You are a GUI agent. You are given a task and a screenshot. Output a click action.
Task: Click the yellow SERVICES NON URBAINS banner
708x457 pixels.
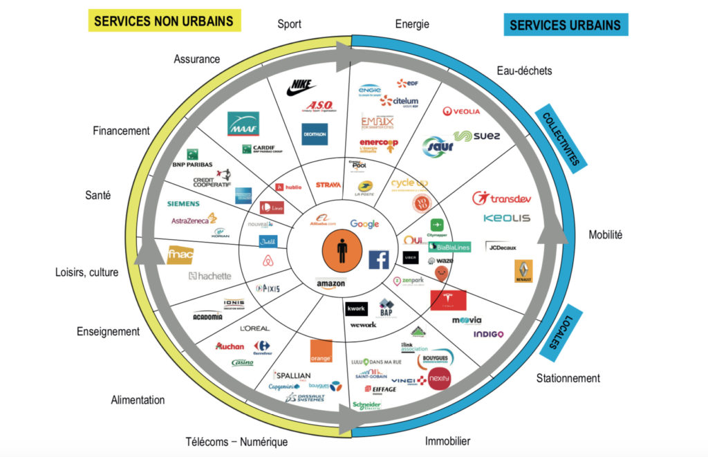pyautogui.click(x=163, y=21)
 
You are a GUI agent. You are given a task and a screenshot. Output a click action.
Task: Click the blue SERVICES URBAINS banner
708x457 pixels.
pyautogui.click(x=565, y=26)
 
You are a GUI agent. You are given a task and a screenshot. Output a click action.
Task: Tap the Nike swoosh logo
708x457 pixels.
pyautogui.click(x=301, y=87)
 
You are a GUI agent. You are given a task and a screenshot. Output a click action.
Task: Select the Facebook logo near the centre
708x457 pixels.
pyautogui.click(x=378, y=259)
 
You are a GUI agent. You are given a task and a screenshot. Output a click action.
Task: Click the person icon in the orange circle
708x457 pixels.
pyautogui.click(x=342, y=251)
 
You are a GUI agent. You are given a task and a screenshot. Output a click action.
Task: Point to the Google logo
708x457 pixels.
pyautogui.click(x=364, y=224)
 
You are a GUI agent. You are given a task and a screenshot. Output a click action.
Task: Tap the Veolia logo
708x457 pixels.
pyautogui.click(x=461, y=111)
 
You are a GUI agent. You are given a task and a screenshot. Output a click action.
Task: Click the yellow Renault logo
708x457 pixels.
pyautogui.click(x=523, y=271)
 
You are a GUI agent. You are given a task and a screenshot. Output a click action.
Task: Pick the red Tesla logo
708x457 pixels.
pyautogui.click(x=448, y=300)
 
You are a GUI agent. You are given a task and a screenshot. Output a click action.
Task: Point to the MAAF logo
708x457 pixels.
pyautogui.click(x=243, y=124)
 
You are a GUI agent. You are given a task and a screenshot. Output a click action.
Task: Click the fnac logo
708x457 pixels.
pyautogui.click(x=180, y=255)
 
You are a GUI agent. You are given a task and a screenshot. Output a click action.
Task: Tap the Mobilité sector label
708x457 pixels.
pyautogui.click(x=606, y=234)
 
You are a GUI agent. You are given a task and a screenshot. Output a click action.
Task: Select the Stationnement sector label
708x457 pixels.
pyautogui.click(x=568, y=378)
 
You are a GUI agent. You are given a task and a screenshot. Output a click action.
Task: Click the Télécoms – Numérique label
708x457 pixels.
pyautogui.click(x=236, y=442)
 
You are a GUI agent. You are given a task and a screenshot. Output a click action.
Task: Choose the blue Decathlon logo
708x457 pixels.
pyautogui.click(x=315, y=134)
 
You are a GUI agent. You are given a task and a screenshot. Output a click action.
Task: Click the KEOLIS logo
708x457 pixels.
pyautogui.click(x=507, y=218)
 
